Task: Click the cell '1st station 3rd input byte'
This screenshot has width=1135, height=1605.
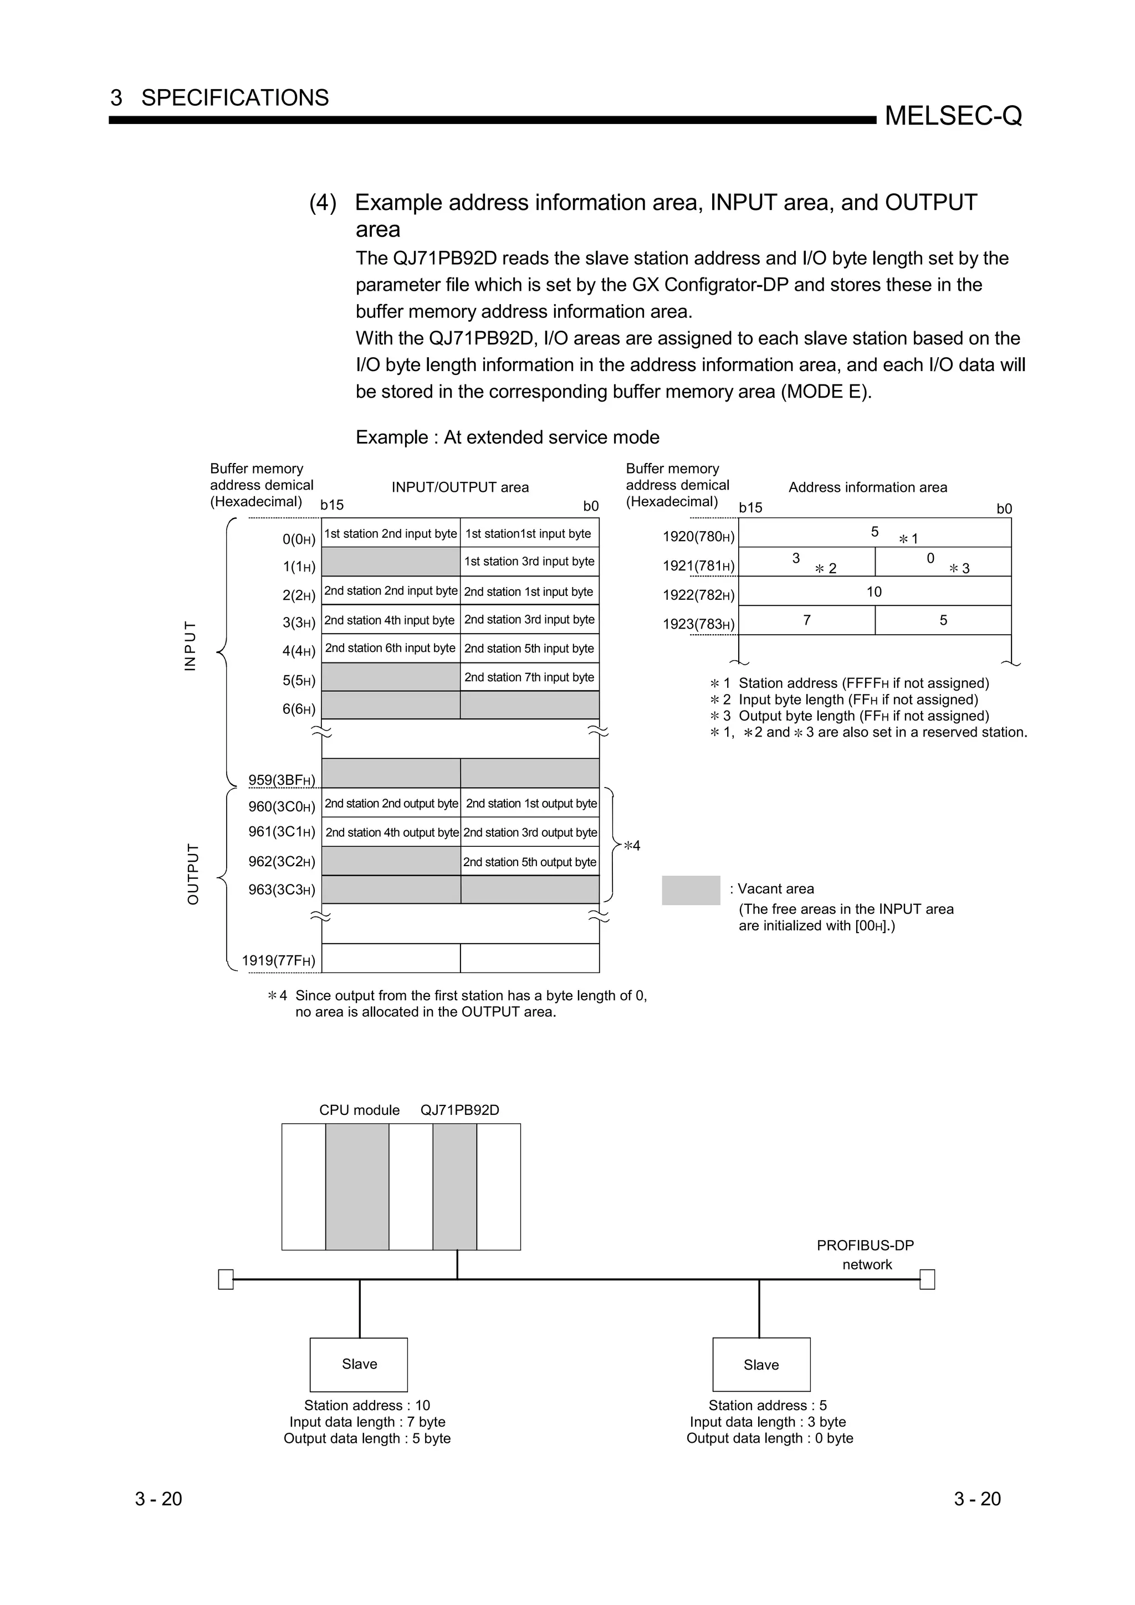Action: tap(529, 562)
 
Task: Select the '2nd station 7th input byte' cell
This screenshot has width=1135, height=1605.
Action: tap(529, 677)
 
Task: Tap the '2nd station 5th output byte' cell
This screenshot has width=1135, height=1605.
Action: tap(529, 862)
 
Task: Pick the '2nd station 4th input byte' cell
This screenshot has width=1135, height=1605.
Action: tap(390, 620)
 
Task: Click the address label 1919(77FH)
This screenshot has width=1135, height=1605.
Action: tap(278, 960)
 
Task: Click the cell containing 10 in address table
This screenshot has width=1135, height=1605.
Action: tap(874, 591)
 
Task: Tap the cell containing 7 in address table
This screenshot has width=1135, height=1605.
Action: tap(806, 620)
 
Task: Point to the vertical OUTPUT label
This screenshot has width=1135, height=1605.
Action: tap(193, 874)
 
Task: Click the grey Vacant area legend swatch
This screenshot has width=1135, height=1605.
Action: tap(690, 890)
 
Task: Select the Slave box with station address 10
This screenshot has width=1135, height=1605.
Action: tap(359, 1364)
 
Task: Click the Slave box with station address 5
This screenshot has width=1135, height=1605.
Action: tap(761, 1364)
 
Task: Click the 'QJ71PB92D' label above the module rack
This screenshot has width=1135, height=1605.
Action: tap(459, 1110)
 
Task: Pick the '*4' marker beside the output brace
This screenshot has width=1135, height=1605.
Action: tap(631, 846)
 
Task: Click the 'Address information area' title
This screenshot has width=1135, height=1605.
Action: tap(867, 487)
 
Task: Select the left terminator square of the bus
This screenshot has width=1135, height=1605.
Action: tap(225, 1279)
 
